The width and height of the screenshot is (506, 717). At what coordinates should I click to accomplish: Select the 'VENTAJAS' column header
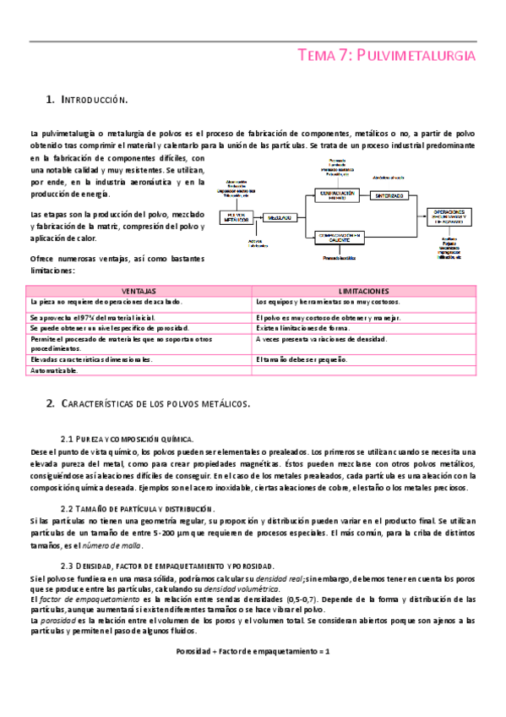point(139,290)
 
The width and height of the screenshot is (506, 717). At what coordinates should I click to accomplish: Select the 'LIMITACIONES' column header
point(364,290)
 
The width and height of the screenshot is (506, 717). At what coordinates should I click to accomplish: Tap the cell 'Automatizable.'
point(55,370)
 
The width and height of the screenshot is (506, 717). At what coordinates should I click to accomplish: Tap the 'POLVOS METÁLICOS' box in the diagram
point(241,217)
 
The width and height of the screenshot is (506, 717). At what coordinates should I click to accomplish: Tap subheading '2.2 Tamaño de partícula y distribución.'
point(137,509)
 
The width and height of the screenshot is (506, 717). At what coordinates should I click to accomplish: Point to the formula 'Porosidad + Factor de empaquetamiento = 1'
point(253,652)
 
